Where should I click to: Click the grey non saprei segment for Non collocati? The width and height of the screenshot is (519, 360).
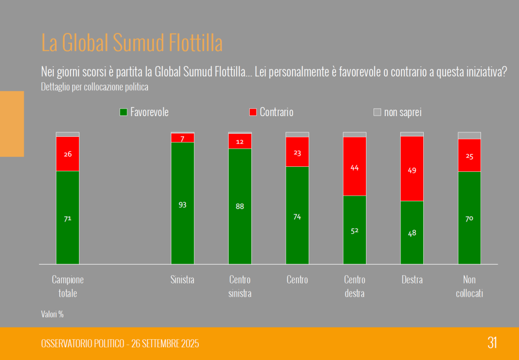pyautogui.click(x=469, y=135)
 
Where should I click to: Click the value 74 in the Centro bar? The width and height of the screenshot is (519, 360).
pyautogui.click(x=297, y=217)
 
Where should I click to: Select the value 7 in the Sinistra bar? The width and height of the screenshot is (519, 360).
pyautogui.click(x=182, y=138)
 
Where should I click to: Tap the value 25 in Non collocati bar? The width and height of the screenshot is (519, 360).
pyautogui.click(x=469, y=156)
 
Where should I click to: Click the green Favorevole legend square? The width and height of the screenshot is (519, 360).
pyautogui.click(x=123, y=112)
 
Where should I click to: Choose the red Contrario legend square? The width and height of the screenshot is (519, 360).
pyautogui.click(x=253, y=112)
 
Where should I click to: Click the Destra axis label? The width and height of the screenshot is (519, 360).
pyautogui.click(x=412, y=280)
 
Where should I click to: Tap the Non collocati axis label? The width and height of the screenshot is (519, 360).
pyautogui.click(x=469, y=286)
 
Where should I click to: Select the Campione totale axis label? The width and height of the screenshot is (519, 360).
pyautogui.click(x=67, y=286)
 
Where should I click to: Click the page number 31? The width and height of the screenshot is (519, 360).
pyautogui.click(x=492, y=343)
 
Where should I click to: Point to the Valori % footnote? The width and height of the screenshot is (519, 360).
pyautogui.click(x=52, y=314)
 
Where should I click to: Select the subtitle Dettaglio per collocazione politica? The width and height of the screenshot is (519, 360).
pyautogui.click(x=95, y=87)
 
